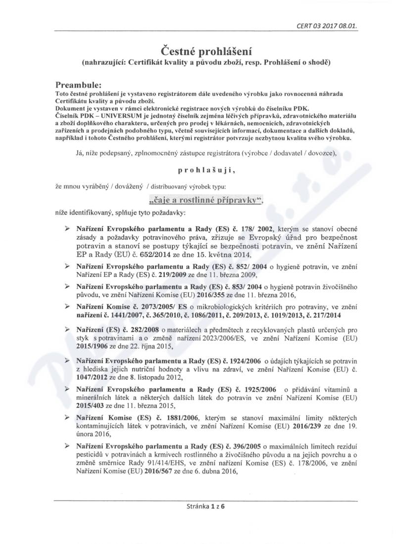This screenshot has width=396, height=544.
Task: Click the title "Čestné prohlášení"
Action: (x=198, y=51)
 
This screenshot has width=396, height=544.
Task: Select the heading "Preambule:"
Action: (x=80, y=85)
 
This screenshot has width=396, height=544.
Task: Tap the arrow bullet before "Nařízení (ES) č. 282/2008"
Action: (x=67, y=328)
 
